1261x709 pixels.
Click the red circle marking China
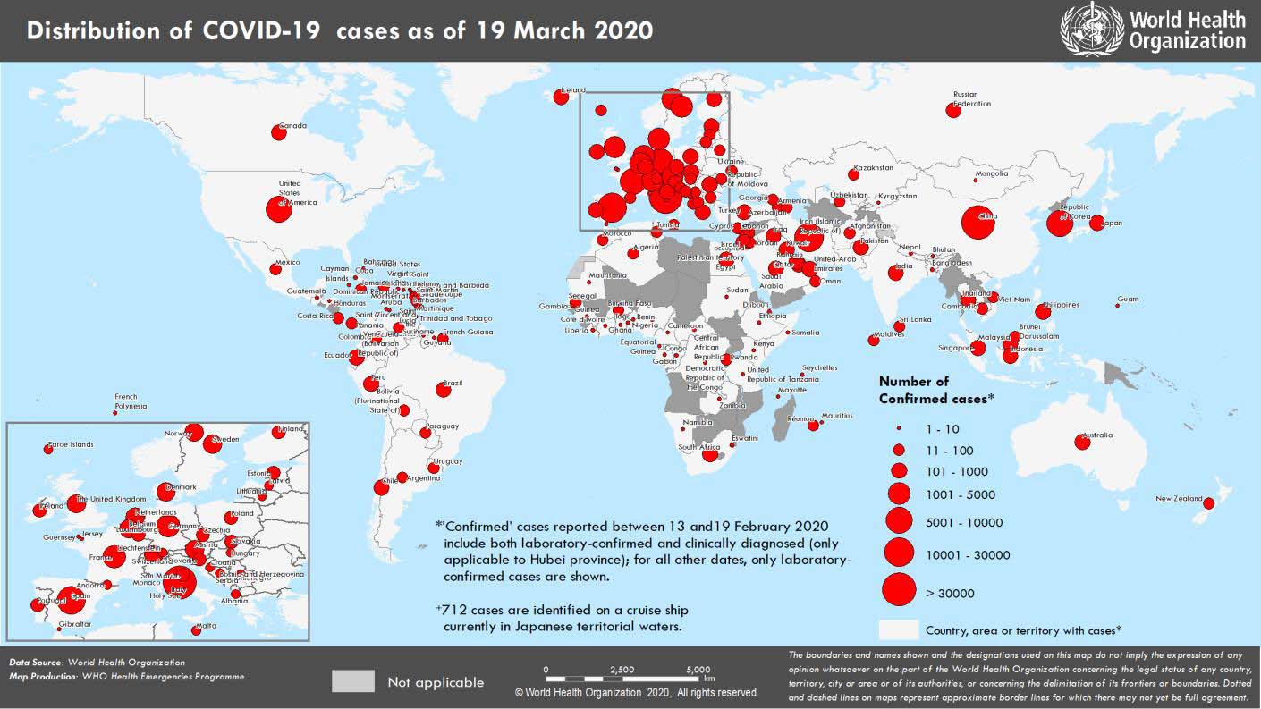pos(977,223)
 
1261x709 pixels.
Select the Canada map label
pos(293,126)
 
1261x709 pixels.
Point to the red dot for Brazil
pos(443,389)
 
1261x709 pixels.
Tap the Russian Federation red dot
pos(952,111)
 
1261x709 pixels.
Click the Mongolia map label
pos(991,173)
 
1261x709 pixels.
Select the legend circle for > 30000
pos(899,590)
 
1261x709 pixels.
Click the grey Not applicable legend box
pos(352,681)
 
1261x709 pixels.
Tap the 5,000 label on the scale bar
pos(698,670)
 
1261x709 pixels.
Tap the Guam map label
pos(1128,300)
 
